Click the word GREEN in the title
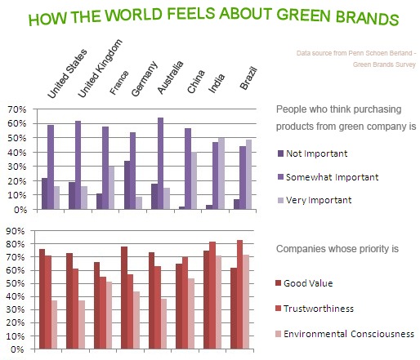(x=303, y=15)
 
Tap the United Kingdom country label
(x=100, y=68)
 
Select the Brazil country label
(x=248, y=78)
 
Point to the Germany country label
(x=145, y=78)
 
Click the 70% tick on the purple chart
(x=17, y=109)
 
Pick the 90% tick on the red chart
(x=16, y=231)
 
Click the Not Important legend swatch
(x=280, y=153)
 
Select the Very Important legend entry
(x=315, y=200)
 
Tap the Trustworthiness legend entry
(x=315, y=309)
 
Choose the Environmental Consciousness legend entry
(x=345, y=334)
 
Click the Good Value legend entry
(x=304, y=283)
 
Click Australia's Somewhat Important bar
(x=161, y=163)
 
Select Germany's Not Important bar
(x=127, y=185)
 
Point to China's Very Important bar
(x=194, y=180)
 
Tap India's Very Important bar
(x=221, y=174)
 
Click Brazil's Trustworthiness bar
(x=239, y=295)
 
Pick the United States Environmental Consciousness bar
(x=54, y=325)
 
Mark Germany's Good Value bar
(x=124, y=298)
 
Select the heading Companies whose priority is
(x=337, y=249)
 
